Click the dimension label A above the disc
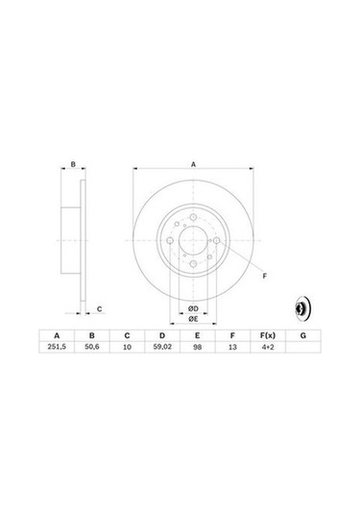point(193,165)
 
